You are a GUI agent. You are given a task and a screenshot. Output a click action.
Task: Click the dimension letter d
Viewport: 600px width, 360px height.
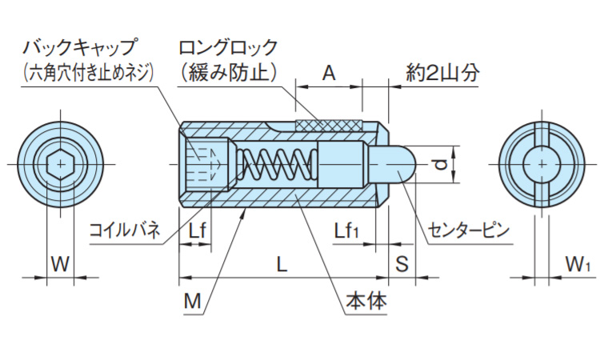(438, 166)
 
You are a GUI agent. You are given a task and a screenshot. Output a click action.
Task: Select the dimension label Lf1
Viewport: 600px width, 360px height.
(346, 231)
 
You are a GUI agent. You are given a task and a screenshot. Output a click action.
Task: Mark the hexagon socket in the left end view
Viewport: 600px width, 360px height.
(60, 165)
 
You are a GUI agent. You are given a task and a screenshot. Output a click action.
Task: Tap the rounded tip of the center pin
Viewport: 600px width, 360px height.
(407, 164)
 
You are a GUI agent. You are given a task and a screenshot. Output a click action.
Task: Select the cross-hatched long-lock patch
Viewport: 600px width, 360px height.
(328, 125)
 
